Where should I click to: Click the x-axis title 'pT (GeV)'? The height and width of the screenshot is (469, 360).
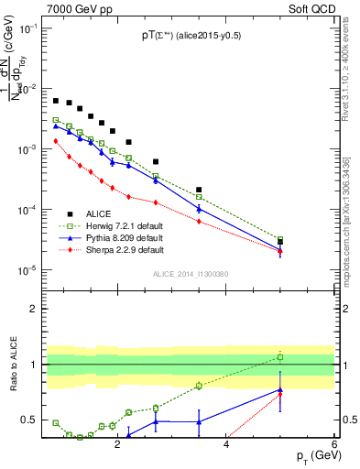point(312,455)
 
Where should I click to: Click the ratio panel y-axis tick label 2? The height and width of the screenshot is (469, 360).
point(34,309)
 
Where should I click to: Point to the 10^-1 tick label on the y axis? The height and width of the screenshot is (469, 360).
point(27,28)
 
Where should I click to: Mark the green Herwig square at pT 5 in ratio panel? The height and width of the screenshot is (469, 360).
point(280,356)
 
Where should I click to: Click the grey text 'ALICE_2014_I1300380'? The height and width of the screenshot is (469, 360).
point(190,274)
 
